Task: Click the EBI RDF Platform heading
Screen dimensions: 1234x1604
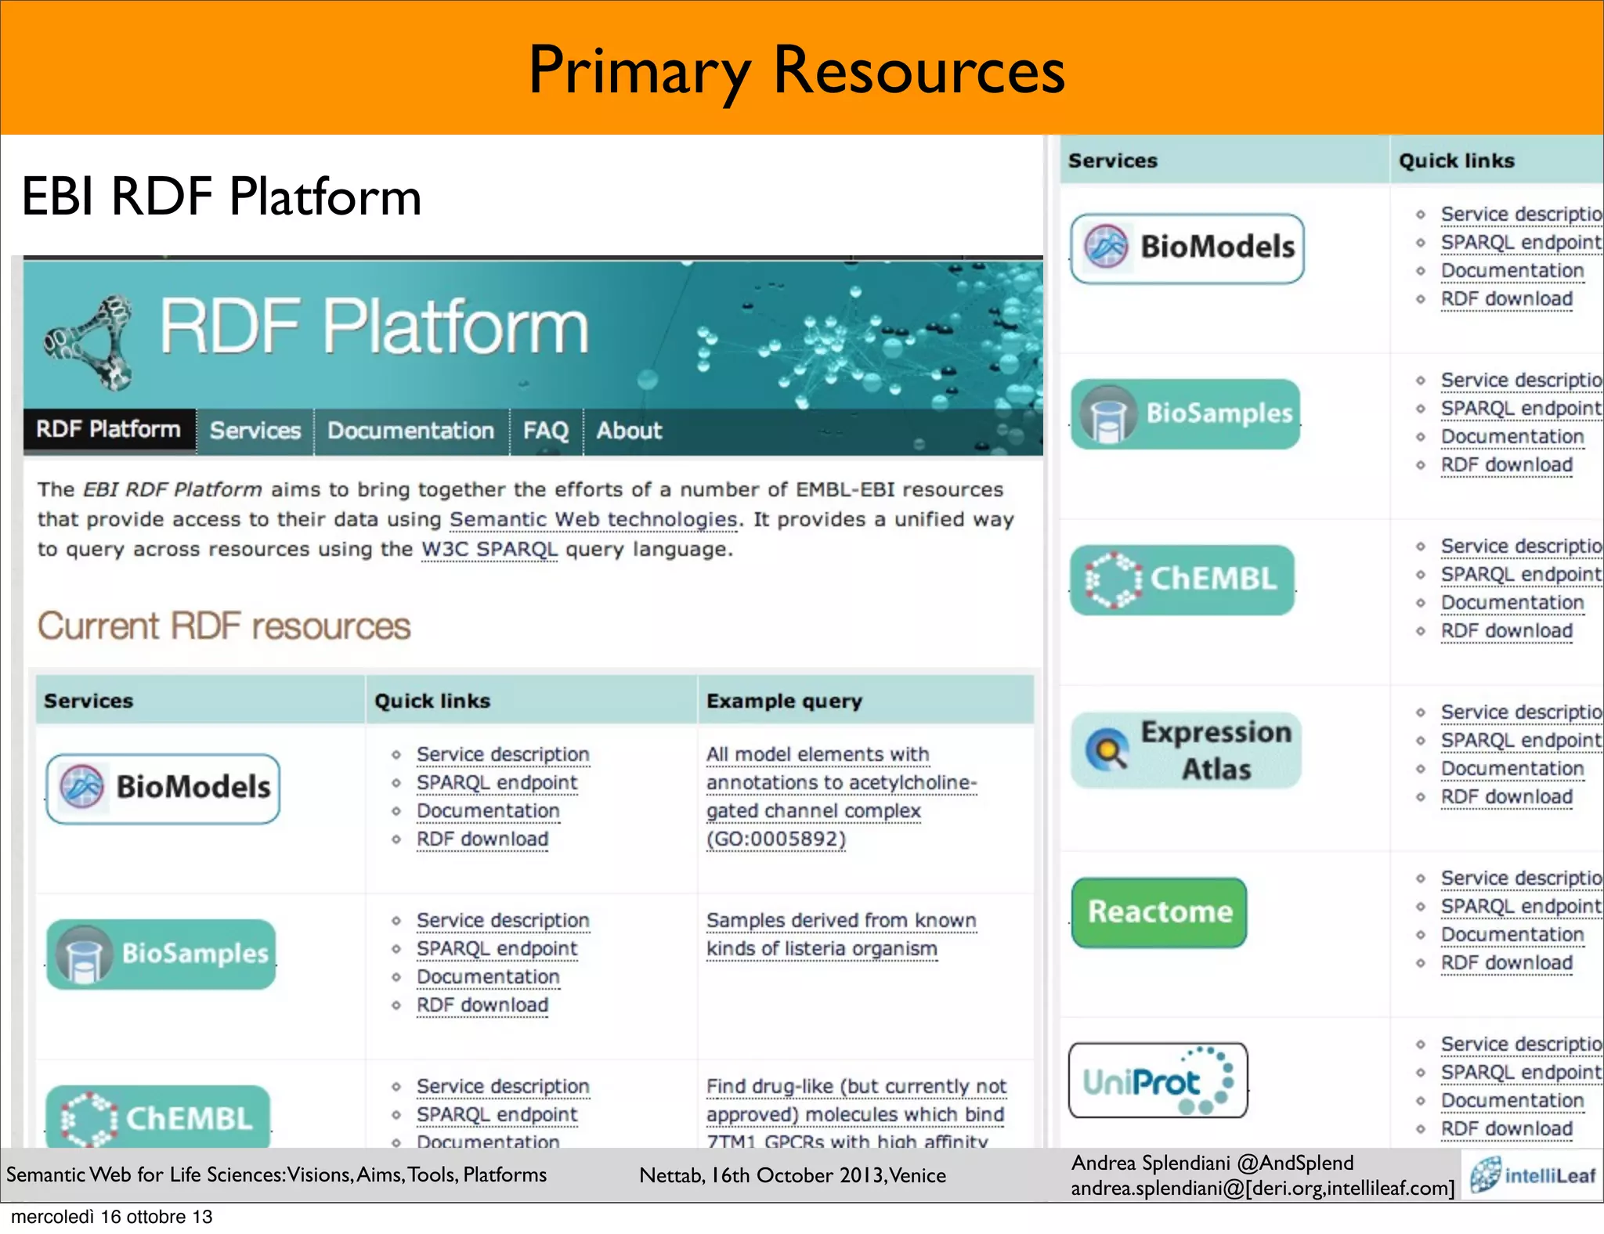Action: coord(222,197)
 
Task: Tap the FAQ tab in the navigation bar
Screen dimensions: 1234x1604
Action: coord(546,431)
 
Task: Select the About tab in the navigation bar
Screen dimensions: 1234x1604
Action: coord(629,431)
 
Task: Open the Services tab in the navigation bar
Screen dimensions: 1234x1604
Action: coord(255,431)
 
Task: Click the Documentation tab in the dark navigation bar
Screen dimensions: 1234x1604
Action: coord(410,431)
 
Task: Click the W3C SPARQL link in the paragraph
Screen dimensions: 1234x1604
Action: coord(490,550)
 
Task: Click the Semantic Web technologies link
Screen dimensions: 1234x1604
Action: coord(593,520)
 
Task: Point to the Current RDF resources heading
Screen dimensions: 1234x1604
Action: coord(224,626)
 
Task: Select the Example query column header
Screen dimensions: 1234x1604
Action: coord(784,701)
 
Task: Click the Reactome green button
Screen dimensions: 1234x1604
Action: coord(1159,912)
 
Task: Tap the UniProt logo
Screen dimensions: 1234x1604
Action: coord(1158,1081)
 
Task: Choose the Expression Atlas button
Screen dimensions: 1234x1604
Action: coord(1186,750)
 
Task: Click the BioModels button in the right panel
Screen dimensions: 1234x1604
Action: coord(1187,247)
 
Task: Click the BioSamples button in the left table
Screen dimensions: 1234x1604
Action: coord(161,954)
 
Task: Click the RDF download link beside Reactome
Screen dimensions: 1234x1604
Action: coord(1506,963)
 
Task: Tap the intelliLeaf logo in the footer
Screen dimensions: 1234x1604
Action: coord(1533,1175)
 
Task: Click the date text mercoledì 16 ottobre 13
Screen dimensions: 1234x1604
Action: coord(112,1217)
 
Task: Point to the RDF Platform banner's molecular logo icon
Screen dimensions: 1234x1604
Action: coord(89,343)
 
